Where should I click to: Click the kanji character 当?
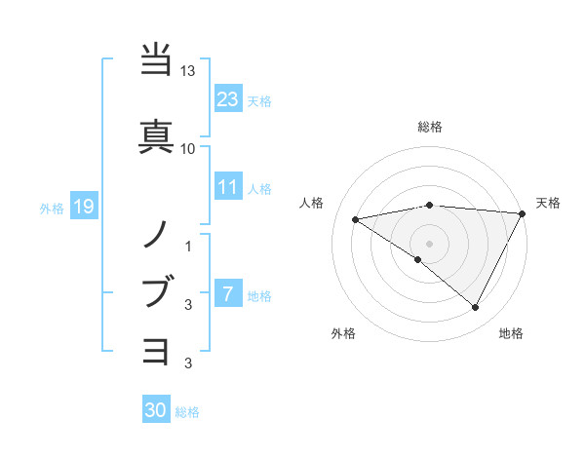[156, 60]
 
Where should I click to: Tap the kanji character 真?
[156, 134]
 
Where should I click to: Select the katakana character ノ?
[156, 233]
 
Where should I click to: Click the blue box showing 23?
[228, 99]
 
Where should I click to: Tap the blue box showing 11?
[228, 188]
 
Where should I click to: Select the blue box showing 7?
[228, 295]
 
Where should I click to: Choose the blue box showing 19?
[84, 207]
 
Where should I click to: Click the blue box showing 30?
[156, 411]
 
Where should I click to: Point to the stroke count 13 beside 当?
[188, 72]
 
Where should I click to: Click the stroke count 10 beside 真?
[188, 148]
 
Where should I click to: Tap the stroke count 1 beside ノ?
[188, 246]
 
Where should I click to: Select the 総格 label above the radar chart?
[429, 127]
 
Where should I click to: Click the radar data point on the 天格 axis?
[524, 213]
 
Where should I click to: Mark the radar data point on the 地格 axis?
[476, 308]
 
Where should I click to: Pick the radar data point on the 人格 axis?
[356, 219]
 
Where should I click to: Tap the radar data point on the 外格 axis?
[418, 259]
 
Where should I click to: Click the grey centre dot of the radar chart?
[429, 243]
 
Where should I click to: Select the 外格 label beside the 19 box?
[52, 208]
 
